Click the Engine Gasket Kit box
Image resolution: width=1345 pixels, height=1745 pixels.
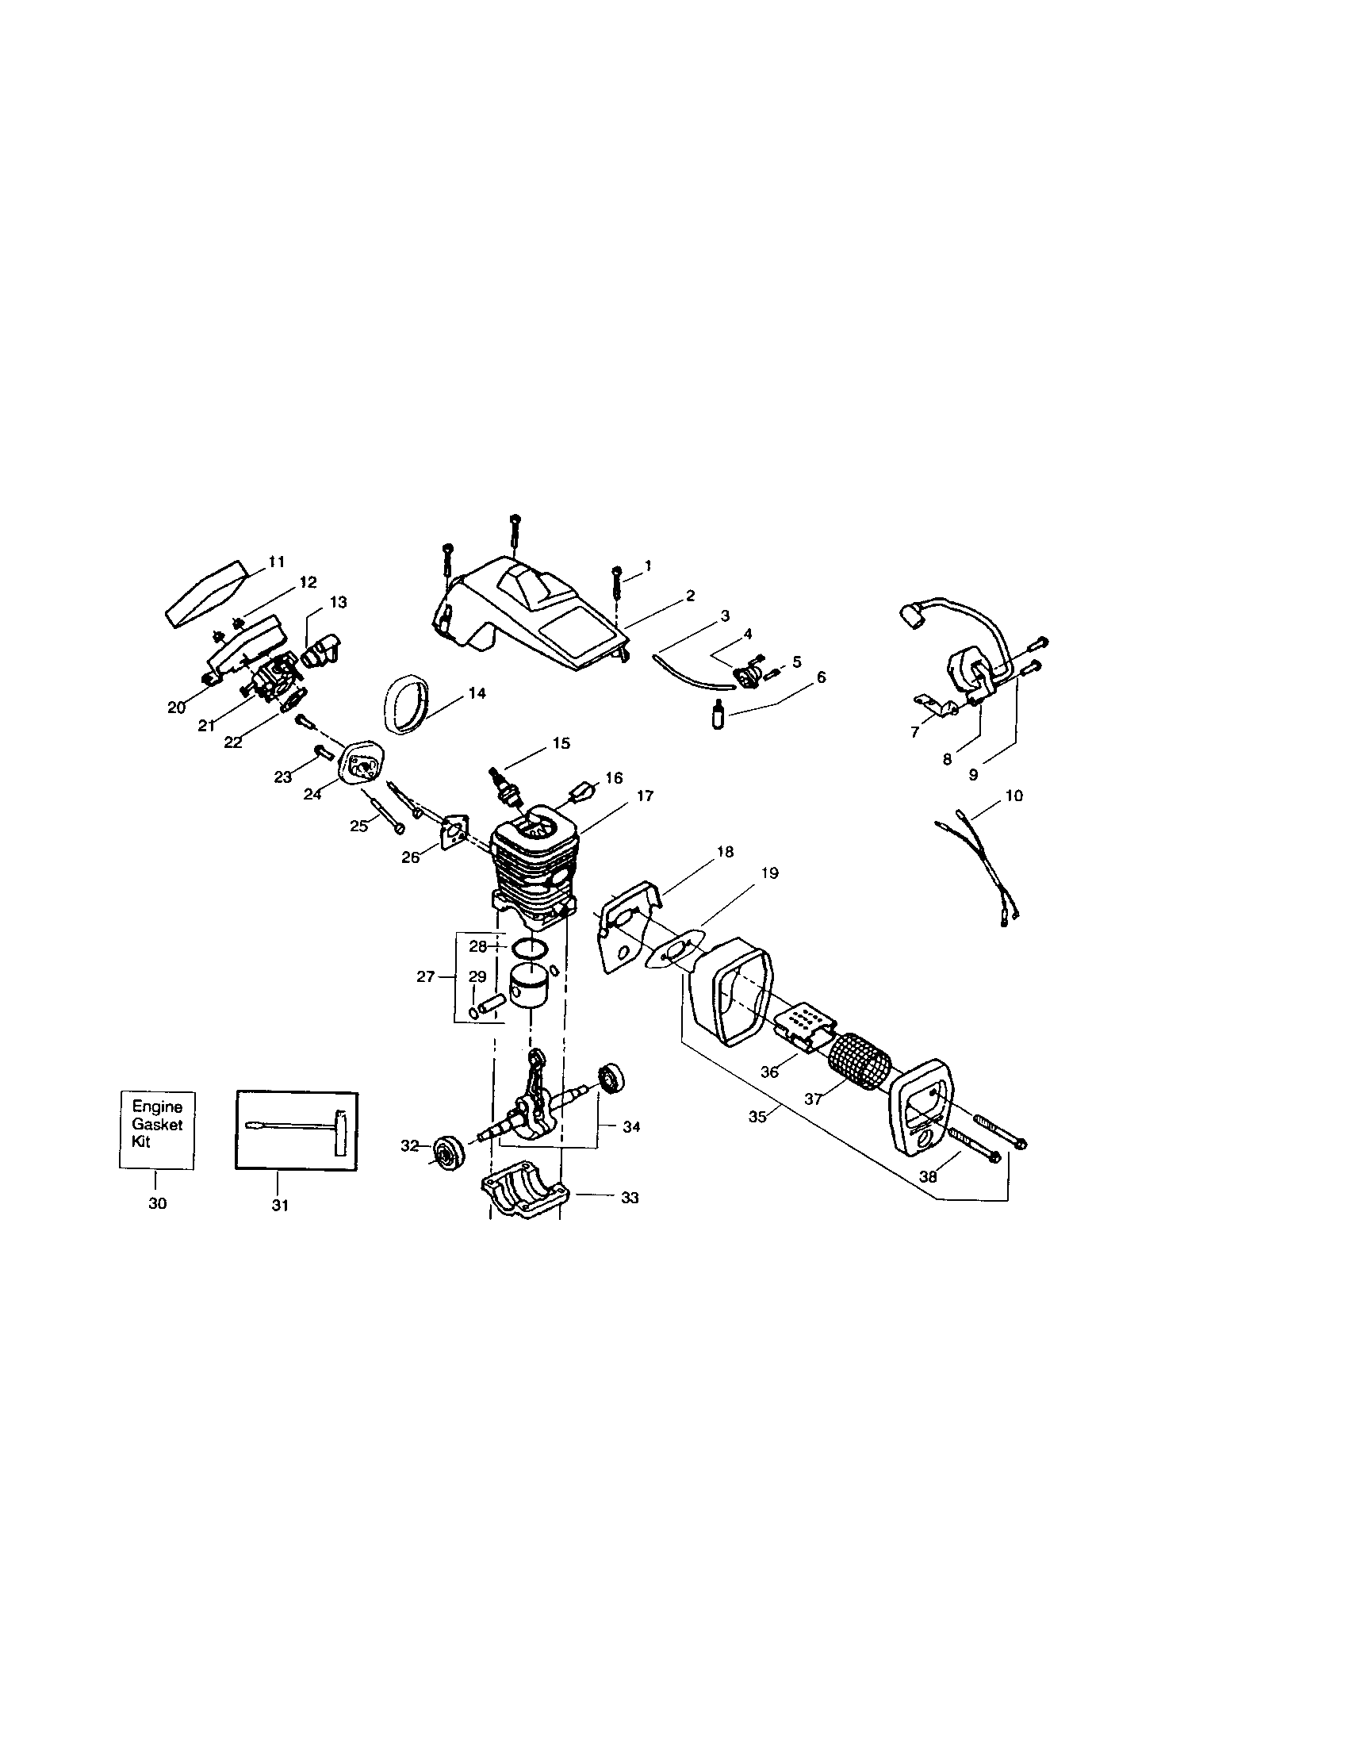click(x=156, y=1129)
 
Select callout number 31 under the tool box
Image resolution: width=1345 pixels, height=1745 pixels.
click(x=278, y=1206)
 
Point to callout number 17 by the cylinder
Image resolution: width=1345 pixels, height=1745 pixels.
click(x=645, y=796)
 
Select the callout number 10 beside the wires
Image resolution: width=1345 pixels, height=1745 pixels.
click(x=1014, y=796)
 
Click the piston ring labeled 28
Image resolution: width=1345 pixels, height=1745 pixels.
click(x=529, y=949)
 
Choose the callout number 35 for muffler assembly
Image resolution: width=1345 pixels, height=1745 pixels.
click(x=757, y=1116)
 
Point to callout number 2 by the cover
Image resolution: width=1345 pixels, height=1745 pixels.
click(x=689, y=596)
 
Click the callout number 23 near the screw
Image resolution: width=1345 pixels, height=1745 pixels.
click(x=283, y=777)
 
